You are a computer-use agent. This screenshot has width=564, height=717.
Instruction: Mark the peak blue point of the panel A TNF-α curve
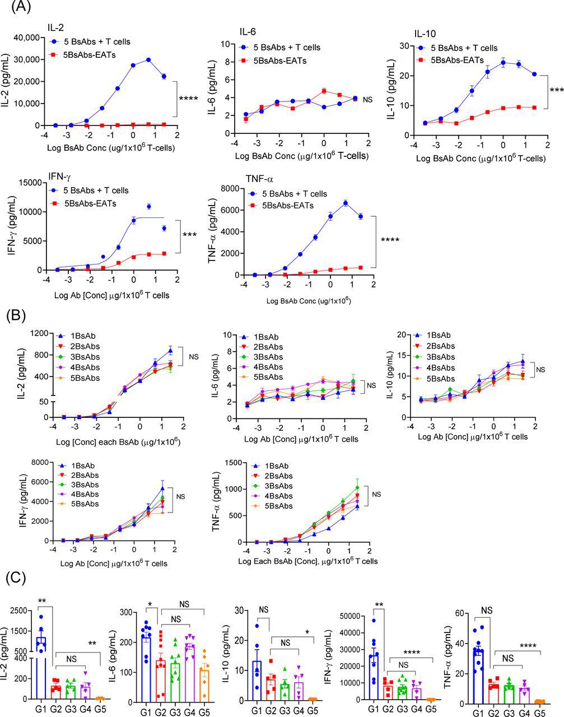coord(346,203)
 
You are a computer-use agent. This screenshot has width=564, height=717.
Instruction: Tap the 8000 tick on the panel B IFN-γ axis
coord(35,462)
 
